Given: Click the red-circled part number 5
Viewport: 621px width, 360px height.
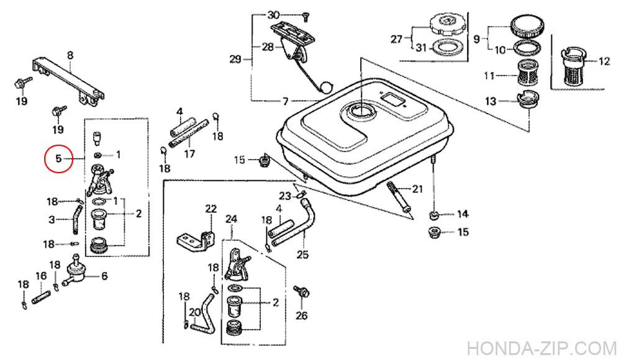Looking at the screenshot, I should tap(58, 159).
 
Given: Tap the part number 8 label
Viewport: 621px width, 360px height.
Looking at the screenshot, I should tap(70, 56).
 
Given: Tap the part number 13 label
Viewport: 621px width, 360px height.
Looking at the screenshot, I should tap(491, 101).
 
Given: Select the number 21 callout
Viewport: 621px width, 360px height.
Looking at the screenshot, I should tap(417, 189).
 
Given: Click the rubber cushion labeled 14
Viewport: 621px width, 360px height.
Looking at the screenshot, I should tap(435, 215).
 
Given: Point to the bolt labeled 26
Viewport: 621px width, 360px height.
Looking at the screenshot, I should tap(302, 292).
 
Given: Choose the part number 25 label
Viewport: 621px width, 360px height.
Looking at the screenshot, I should tap(302, 254).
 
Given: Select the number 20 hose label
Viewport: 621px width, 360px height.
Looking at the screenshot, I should tap(193, 312).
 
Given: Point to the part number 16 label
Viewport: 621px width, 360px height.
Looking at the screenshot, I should tap(42, 276).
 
